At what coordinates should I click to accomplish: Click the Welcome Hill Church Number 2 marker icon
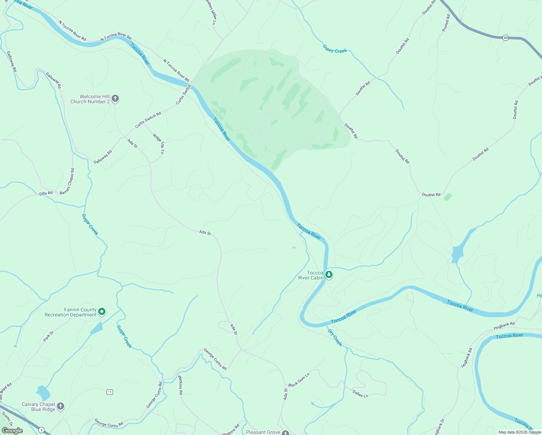click(115, 99)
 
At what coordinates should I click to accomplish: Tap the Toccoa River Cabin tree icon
click(329, 275)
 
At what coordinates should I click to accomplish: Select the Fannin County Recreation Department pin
click(102, 312)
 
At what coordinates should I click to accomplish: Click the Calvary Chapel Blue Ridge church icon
click(61, 406)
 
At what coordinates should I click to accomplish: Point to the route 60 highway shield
click(505, 38)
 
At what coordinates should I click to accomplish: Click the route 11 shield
click(110, 392)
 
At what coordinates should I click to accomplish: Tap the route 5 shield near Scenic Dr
click(42, 430)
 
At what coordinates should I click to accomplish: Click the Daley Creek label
click(335, 50)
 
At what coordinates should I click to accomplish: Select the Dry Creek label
click(335, 337)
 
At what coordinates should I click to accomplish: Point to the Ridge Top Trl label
click(159, 144)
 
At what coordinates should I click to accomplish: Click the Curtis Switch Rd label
click(148, 120)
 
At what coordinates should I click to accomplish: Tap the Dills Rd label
click(46, 193)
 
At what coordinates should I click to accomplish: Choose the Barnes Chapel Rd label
click(67, 181)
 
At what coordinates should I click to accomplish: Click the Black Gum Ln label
click(299, 380)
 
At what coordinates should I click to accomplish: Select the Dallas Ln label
click(360, 394)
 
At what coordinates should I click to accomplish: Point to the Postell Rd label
click(446, 23)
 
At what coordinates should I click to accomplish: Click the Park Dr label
click(49, 336)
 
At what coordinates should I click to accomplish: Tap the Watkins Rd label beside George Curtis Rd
click(180, 385)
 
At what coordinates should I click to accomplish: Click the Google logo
click(12, 431)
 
